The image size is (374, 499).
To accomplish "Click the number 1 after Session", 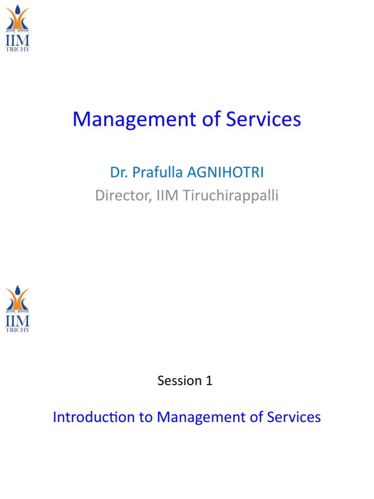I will [x=209, y=381].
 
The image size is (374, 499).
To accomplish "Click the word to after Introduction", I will [x=146, y=417].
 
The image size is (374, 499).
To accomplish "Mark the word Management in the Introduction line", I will [x=204, y=417].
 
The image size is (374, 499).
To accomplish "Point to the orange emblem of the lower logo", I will [x=18, y=297].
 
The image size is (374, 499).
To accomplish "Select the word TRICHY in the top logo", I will [x=18, y=49].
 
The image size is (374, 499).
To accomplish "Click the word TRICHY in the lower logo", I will [x=18, y=330].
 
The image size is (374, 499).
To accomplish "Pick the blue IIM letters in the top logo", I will [x=18, y=40].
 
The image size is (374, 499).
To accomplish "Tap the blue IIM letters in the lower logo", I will [x=18, y=321].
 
